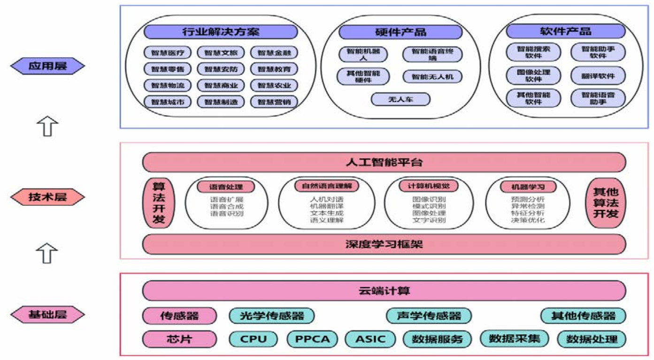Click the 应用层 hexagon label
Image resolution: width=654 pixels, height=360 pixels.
pos(47,66)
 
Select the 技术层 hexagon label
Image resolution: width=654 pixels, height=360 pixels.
pos(47,198)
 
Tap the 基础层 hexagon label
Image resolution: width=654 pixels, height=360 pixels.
pos(47,314)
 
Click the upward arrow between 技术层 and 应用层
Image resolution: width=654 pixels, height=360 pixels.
pos(47,127)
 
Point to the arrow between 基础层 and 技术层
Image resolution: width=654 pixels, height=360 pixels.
pos(47,253)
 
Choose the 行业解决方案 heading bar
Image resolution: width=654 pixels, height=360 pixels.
pos(221,32)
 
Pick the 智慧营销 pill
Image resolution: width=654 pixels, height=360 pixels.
pos(274,101)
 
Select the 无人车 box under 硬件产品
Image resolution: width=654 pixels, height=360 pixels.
pos(400,100)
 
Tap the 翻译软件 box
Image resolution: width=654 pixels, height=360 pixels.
pos(598,76)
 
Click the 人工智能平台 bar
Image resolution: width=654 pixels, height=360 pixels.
pos(384,162)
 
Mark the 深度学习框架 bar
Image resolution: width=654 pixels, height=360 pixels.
pos(384,244)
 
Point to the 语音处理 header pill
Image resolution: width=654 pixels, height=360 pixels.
pos(226,187)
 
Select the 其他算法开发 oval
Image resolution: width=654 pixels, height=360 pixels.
pos(606,203)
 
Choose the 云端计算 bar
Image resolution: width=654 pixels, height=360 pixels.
pos(384,291)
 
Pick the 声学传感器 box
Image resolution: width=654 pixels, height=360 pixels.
pos(429,315)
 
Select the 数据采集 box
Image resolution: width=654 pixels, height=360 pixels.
pos(515,338)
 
